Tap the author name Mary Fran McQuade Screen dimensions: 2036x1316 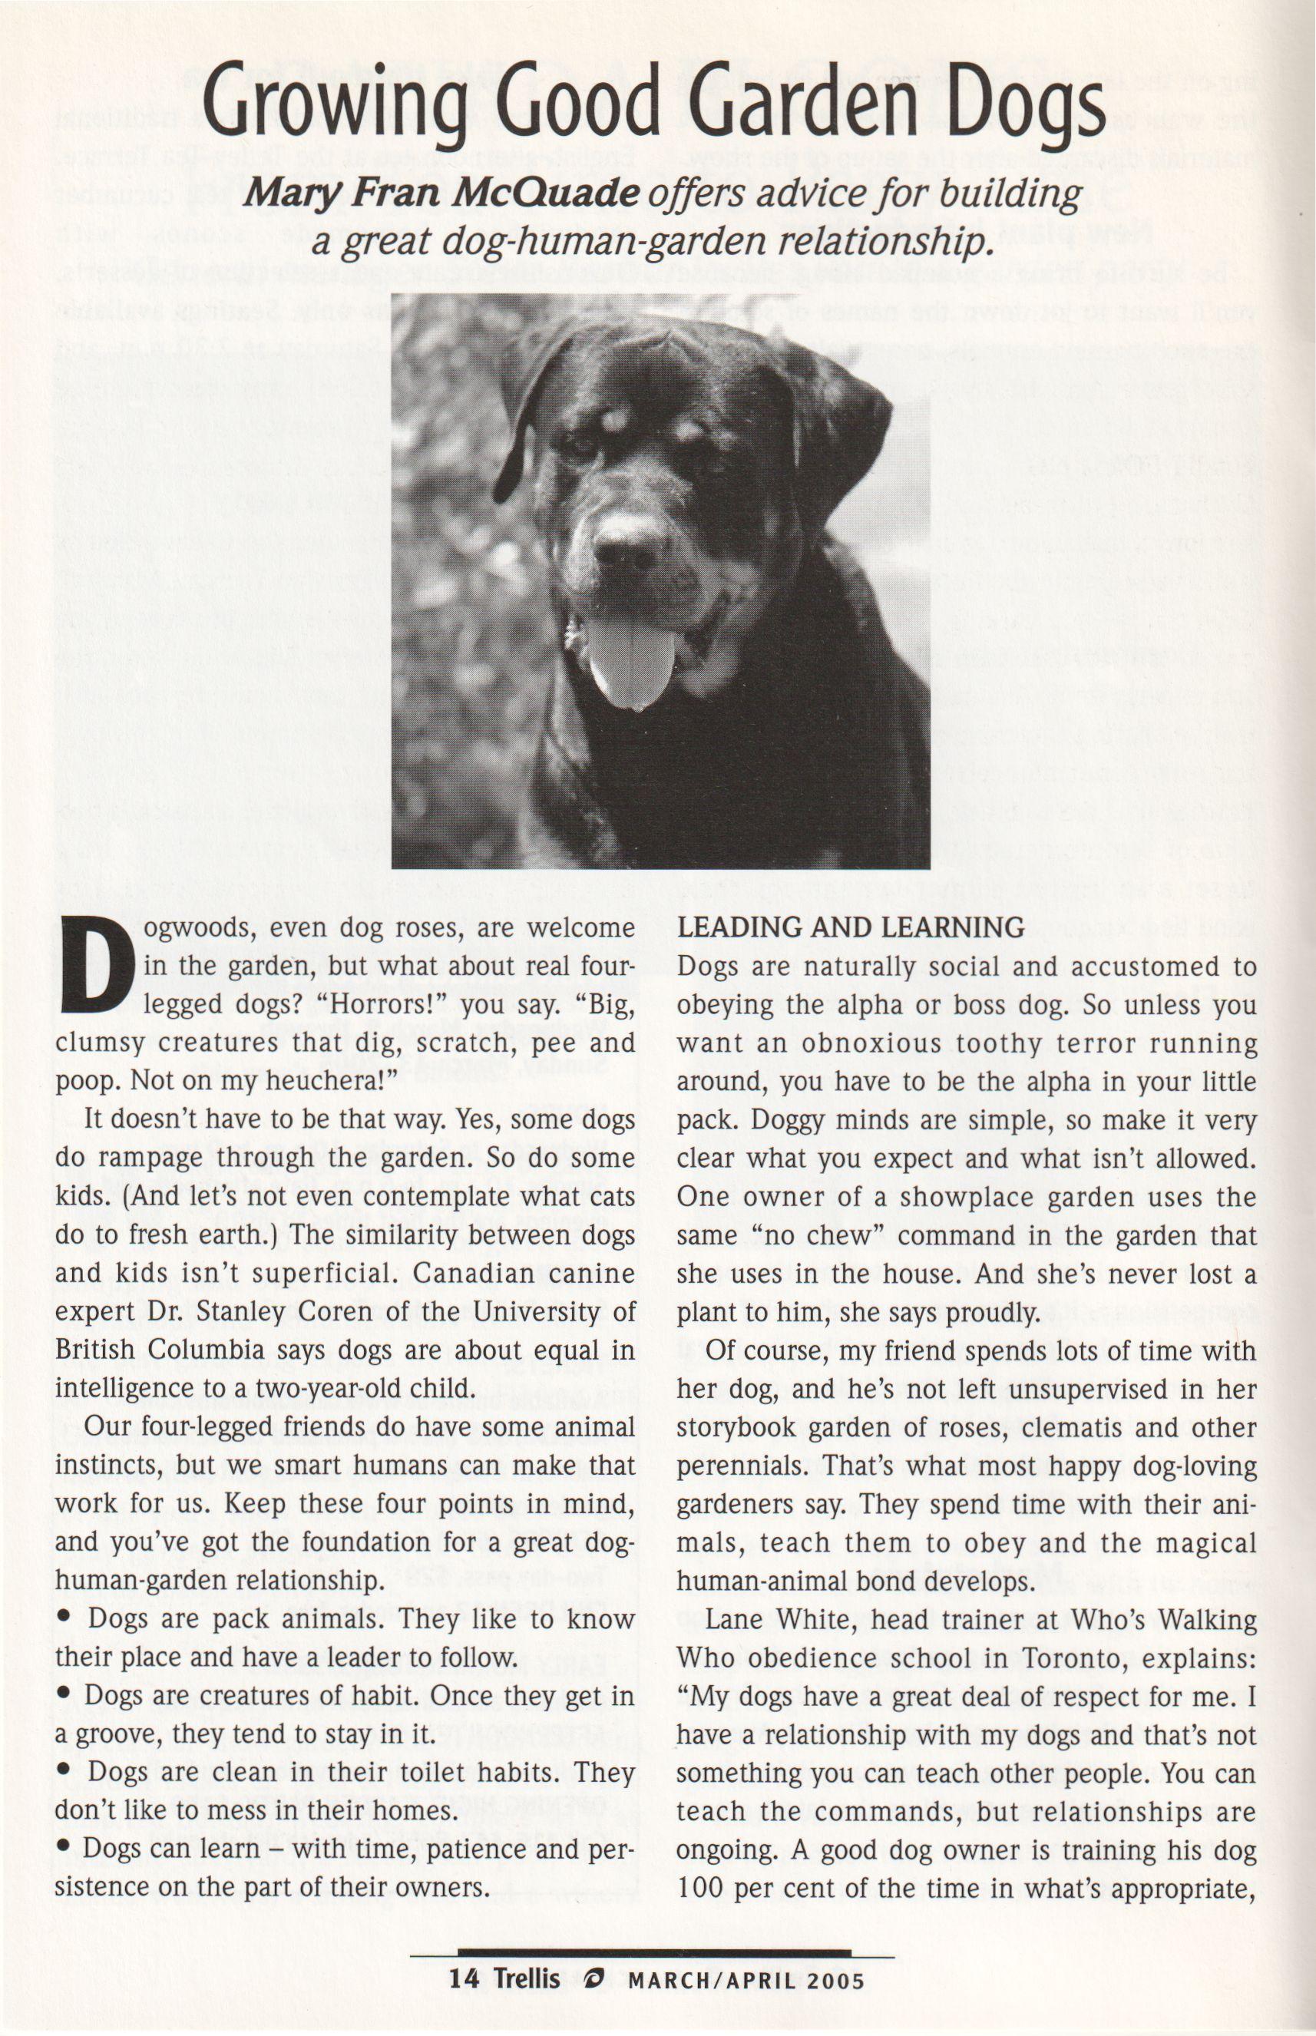point(441,194)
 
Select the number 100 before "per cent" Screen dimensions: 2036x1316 point(701,1887)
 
